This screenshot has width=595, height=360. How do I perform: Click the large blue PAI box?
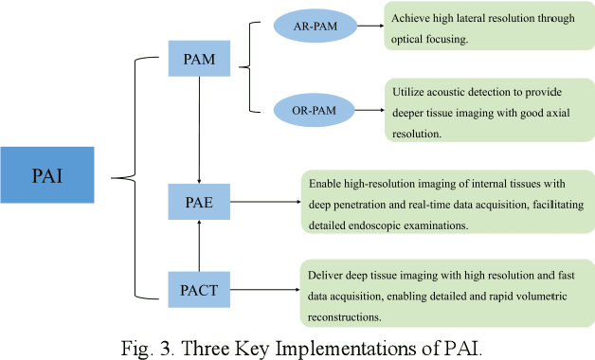47,175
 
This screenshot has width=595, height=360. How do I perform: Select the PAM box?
198,59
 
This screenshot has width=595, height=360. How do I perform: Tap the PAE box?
198,201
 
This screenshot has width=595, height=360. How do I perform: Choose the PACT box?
198,288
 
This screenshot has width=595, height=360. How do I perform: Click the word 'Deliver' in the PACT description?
327,276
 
